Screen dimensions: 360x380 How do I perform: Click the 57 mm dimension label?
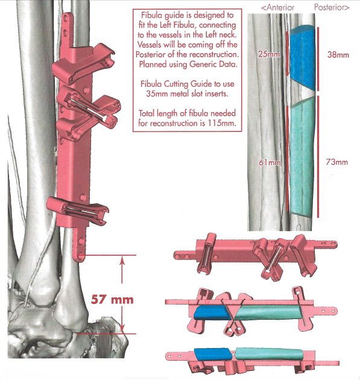tap(112, 300)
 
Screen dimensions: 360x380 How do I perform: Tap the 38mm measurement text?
tap(338, 55)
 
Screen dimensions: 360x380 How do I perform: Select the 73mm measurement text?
tap(336, 162)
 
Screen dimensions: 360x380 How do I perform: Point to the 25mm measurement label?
tap(268, 54)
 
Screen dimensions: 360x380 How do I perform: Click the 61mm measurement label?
tap(270, 162)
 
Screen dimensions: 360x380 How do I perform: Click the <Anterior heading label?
tap(277, 7)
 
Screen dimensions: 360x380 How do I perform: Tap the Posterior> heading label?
tap(332, 7)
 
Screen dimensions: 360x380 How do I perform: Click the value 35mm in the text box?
tap(157, 93)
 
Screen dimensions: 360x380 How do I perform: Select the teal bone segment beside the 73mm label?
tap(302, 156)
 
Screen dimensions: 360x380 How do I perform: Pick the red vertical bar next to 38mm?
tap(318, 59)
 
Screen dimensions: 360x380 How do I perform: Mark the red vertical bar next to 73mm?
tap(318, 157)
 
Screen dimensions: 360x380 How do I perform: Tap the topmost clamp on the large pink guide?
tap(84, 63)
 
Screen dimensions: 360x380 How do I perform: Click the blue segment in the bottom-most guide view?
tap(212, 353)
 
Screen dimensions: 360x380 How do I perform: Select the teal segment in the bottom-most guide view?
tap(269, 354)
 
